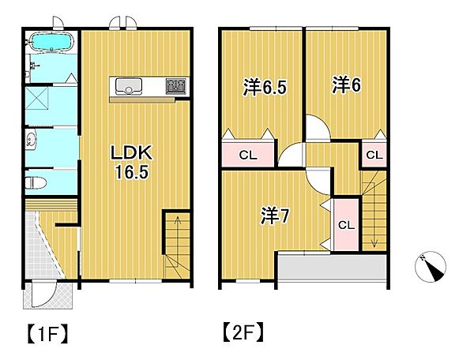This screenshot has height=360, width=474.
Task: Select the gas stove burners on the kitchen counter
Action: tap(175, 85)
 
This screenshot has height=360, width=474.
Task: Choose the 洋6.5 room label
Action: tap(265, 88)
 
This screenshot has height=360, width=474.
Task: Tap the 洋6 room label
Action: tap(346, 84)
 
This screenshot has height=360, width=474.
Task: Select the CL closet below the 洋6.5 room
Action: tap(246, 155)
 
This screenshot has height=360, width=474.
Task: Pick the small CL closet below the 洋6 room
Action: tap(374, 155)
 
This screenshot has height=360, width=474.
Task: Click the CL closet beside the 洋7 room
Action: tap(345, 224)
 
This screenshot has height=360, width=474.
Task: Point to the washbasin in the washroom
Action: tap(31, 142)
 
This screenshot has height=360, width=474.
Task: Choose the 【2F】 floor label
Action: tap(242, 332)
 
